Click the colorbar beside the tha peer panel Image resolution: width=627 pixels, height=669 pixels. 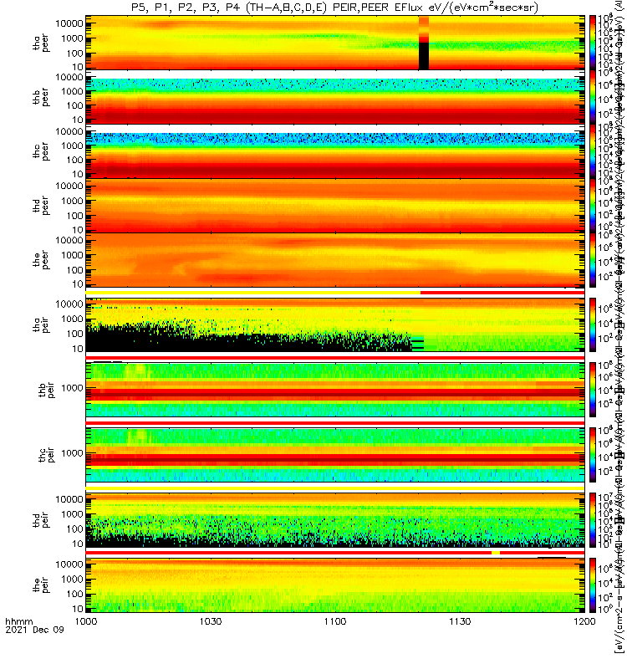[x=593, y=42]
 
